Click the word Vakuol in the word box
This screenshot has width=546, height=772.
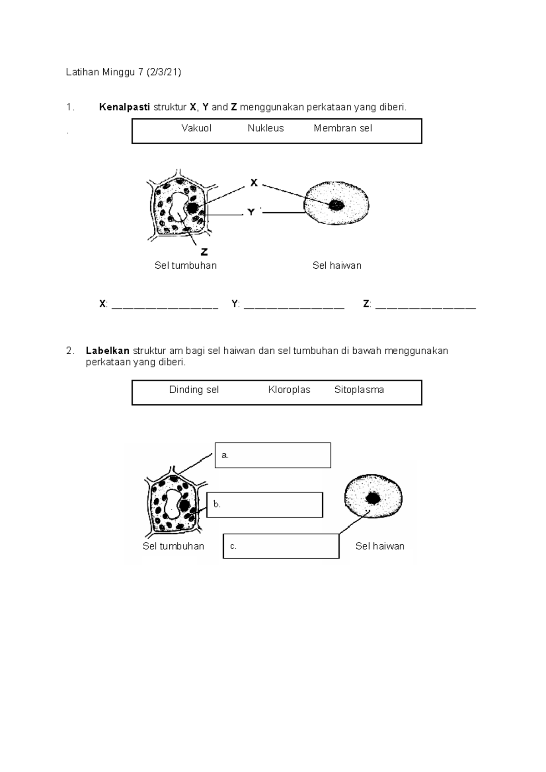click(x=196, y=129)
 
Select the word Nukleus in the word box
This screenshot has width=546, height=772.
click(x=266, y=129)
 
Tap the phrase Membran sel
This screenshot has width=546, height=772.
click(x=343, y=129)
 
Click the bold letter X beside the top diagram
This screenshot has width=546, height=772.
click(x=254, y=183)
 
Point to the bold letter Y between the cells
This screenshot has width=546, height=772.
click(x=251, y=212)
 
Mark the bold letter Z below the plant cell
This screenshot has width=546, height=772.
click(x=204, y=251)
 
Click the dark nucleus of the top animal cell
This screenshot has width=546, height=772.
click(x=337, y=205)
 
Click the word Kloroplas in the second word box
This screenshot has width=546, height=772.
click(x=289, y=390)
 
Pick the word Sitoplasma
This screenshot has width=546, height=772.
click(x=359, y=390)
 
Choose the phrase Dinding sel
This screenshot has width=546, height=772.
click(x=194, y=390)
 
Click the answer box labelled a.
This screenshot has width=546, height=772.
click(x=273, y=455)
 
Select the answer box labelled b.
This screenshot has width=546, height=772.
click(x=265, y=505)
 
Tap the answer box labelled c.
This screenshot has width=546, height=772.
click(x=281, y=546)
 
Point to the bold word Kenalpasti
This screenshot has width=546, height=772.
click(x=124, y=107)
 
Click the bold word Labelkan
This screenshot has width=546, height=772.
click(x=108, y=351)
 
